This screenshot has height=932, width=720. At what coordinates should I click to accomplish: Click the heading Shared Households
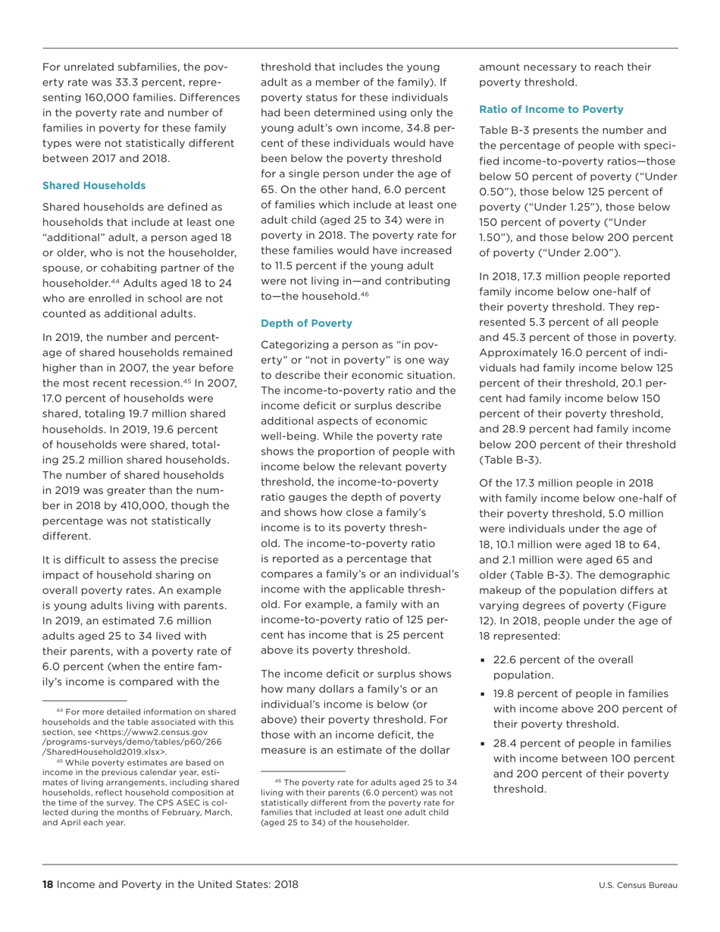click(94, 186)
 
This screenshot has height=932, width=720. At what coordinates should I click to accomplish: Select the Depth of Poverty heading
click(306, 324)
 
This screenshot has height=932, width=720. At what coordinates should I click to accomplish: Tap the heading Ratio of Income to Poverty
click(551, 110)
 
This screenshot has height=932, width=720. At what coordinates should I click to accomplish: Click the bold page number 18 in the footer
click(48, 884)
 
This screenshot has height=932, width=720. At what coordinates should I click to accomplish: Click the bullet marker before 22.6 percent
click(483, 660)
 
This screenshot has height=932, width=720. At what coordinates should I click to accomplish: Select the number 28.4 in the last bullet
click(506, 758)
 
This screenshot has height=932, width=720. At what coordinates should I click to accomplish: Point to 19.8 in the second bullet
click(506, 693)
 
